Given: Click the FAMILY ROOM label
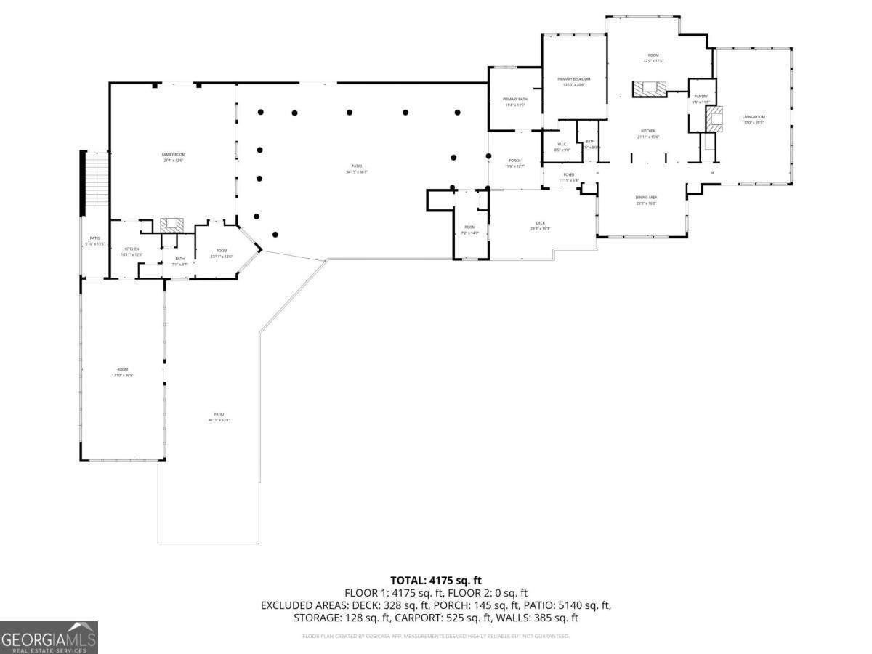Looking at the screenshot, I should point(173,155).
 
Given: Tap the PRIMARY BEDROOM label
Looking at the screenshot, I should point(573,78).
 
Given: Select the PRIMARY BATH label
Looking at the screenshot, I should point(514,99).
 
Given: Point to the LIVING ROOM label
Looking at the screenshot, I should point(754,117).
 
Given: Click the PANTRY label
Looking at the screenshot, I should point(701,96).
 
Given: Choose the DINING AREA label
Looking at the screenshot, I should point(646,197).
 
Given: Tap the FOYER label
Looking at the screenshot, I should point(569,175).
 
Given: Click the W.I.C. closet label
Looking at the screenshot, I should point(562,144).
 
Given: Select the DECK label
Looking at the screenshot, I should point(540,223).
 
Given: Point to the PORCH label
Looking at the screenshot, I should point(514,161).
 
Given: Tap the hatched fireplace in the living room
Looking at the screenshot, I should point(716,119).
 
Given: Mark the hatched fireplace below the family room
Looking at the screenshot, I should point(172,223).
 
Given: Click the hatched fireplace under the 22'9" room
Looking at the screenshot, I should point(649,89).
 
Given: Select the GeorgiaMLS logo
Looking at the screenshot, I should point(49,637).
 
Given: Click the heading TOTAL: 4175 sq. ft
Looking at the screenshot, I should point(436,580).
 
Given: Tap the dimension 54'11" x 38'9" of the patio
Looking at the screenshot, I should point(357,172).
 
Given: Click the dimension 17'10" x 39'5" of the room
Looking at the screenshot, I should point(122,375).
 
